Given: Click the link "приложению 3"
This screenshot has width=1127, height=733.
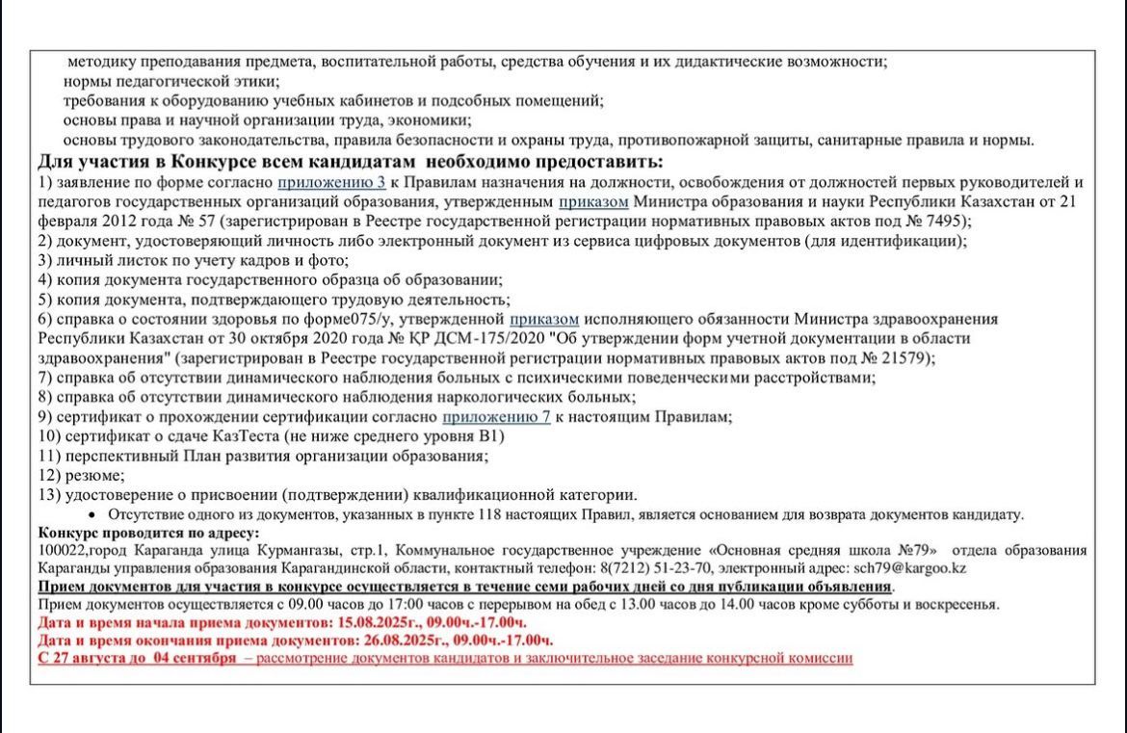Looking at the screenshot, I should pos(331,182).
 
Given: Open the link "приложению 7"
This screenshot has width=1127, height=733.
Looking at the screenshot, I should pos(496,416).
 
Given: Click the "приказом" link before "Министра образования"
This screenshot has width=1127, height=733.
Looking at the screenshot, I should pos(595,200).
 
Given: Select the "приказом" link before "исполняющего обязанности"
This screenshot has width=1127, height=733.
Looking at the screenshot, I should pos(544,318).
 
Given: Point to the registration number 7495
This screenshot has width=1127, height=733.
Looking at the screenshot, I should pos(940,221).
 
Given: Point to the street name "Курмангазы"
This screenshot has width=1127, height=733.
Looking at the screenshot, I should pos(268,550).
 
